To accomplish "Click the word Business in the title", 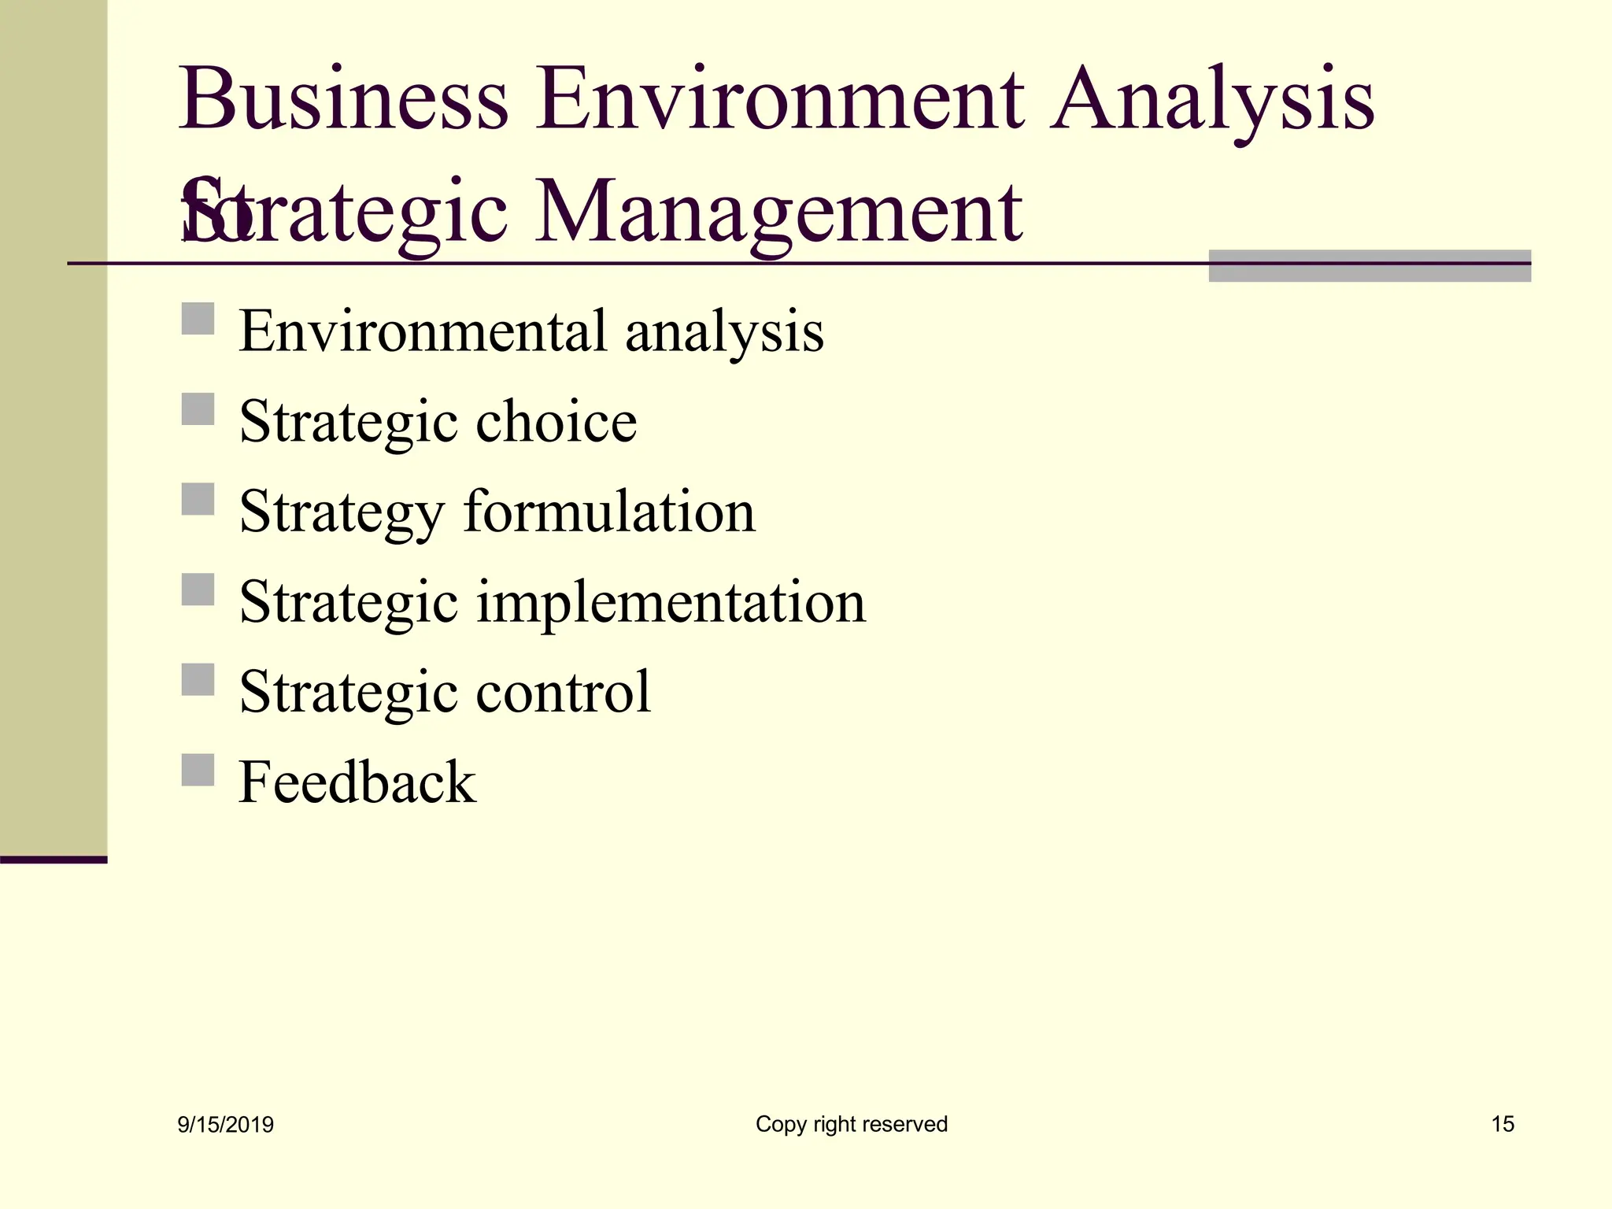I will (344, 101).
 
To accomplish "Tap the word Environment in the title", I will (780, 101).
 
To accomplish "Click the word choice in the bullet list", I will (556, 421).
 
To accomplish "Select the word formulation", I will (609, 512).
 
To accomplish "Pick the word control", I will (563, 692).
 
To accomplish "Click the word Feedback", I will (357, 782).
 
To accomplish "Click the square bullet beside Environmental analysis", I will (198, 320).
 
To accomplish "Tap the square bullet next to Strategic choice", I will (198, 409).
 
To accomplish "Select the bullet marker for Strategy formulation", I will (198, 499).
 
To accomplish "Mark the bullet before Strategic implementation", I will (198, 590).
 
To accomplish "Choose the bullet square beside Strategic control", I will (198, 680).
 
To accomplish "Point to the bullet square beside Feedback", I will (198, 770).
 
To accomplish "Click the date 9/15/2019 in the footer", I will (226, 1125).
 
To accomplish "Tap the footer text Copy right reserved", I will (852, 1124).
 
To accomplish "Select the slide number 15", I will (1503, 1124).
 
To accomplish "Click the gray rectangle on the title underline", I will (1370, 266).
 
